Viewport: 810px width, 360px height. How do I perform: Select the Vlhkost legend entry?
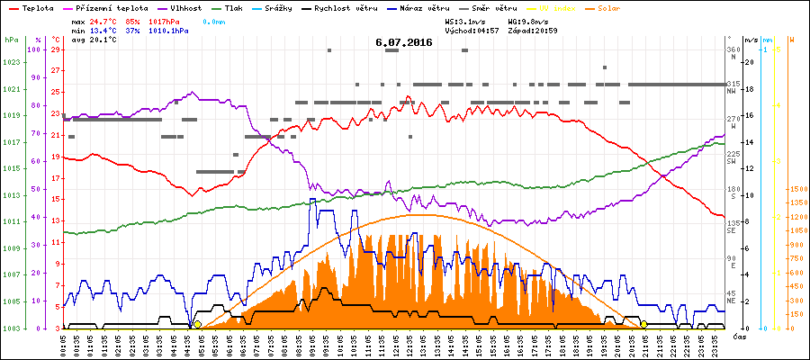tap(184, 8)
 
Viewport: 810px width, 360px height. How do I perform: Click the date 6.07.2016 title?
tap(404, 42)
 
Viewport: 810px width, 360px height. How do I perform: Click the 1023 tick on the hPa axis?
tap(11, 62)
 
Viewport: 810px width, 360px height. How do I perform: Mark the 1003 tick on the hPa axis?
tap(11, 328)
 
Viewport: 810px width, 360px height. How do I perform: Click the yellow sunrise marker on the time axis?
tap(197, 324)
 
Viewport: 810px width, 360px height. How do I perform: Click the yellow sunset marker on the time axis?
tap(644, 324)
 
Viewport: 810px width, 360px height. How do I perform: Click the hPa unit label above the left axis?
tap(11, 40)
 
